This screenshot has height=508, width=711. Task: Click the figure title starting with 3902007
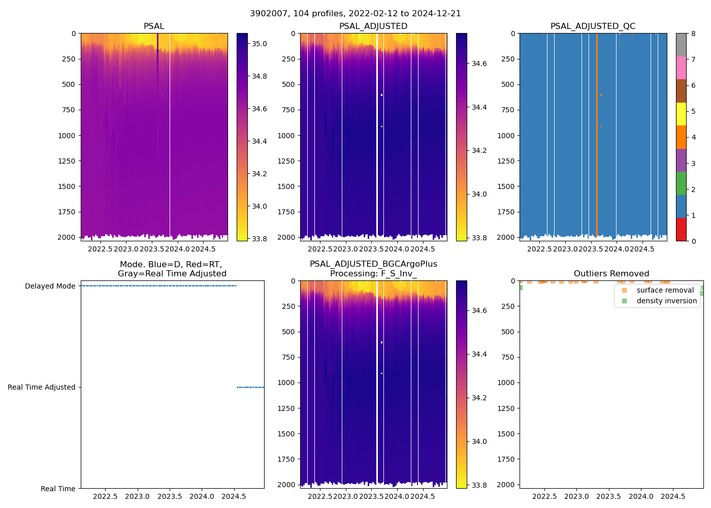pyautogui.click(x=355, y=14)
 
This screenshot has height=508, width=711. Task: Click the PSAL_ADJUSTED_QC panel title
pyautogui.click(x=593, y=26)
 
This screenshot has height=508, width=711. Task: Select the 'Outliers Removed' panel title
pyautogui.click(x=611, y=274)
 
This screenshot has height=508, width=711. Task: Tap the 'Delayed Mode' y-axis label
pyautogui.click(x=50, y=286)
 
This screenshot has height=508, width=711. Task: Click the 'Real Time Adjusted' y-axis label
pyautogui.click(x=42, y=387)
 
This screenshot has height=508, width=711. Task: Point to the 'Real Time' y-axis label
pyautogui.click(x=58, y=489)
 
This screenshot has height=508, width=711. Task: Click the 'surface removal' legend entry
pyautogui.click(x=665, y=290)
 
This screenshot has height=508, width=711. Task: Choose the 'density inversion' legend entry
pyautogui.click(x=666, y=301)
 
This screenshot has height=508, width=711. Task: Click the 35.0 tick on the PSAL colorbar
pyautogui.click(x=260, y=44)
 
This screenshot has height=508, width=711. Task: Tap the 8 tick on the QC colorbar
pyautogui.click(x=693, y=34)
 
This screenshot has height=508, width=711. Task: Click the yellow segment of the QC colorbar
pyautogui.click(x=681, y=114)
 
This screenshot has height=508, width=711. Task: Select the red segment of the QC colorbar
pyautogui.click(x=681, y=230)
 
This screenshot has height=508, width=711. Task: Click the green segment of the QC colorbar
pyautogui.click(x=681, y=183)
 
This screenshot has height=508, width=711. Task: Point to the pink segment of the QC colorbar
pyautogui.click(x=681, y=68)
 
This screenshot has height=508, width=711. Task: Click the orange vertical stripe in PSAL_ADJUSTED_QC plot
pyautogui.click(x=597, y=152)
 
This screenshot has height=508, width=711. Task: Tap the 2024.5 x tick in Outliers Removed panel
pyautogui.click(x=673, y=496)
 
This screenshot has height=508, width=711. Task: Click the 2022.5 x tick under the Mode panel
pyautogui.click(x=106, y=496)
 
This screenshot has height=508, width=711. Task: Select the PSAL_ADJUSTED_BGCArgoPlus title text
pyautogui.click(x=373, y=264)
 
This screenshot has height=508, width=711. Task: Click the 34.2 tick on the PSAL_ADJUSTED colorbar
pyautogui.click(x=480, y=151)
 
